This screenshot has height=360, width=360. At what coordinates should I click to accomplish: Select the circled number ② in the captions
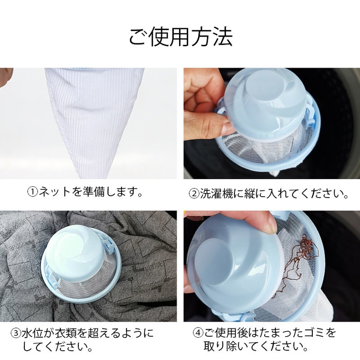pos(194,194)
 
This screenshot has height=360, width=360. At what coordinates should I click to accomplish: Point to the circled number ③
pos(17,334)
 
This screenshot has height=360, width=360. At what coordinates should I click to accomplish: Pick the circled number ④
pos(198,334)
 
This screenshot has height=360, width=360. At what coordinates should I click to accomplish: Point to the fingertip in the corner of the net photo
pos(5,75)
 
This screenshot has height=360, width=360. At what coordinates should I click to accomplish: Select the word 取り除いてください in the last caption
pos(255,347)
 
